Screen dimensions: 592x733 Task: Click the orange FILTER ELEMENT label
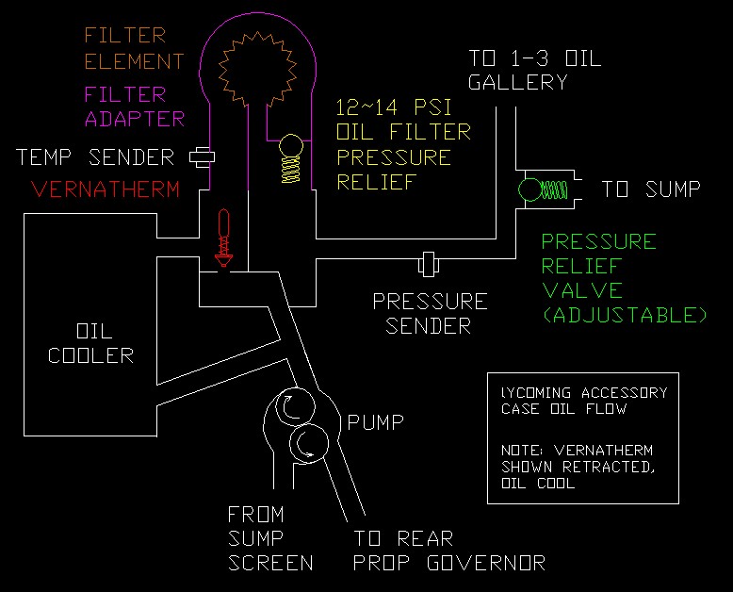tap(133, 49)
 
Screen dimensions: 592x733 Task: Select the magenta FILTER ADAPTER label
tap(133, 107)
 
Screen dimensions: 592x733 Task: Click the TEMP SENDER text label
tap(95, 157)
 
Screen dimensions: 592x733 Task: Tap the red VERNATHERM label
tap(105, 189)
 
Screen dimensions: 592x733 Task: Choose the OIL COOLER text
tap(90, 344)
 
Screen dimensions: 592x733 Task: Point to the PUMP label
tap(375, 421)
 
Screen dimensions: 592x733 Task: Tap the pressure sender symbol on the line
tap(429, 262)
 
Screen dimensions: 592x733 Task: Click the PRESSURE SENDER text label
tap(430, 314)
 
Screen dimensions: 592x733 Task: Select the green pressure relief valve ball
tap(529, 190)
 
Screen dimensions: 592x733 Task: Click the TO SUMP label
tap(651, 190)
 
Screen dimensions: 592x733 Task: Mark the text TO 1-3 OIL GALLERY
tap(533, 70)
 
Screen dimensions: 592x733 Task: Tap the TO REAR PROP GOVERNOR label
tap(448, 551)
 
